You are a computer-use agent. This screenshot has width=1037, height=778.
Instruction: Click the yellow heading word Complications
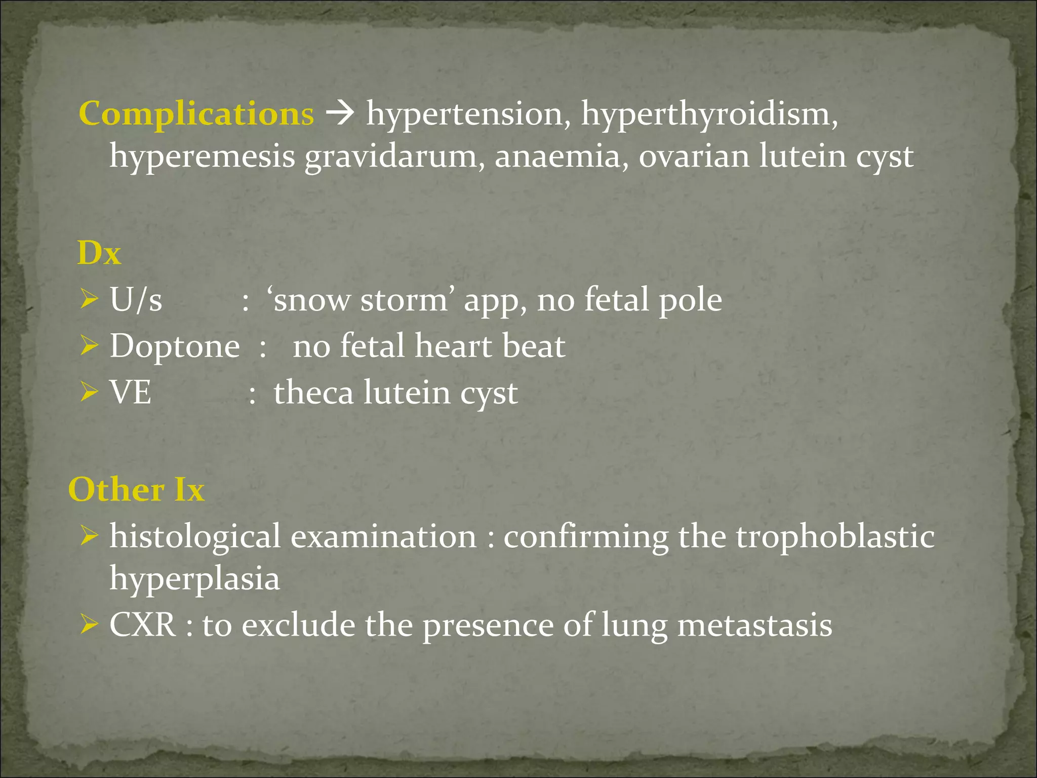point(196,113)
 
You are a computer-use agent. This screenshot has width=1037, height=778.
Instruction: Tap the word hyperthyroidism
point(709,113)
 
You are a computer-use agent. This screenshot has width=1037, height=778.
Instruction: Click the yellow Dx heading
point(99,253)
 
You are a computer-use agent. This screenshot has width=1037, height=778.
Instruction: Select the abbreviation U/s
point(136,299)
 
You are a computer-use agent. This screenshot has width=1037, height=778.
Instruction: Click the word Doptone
point(175,346)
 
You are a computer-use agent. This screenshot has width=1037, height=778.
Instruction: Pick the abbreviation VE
point(131,392)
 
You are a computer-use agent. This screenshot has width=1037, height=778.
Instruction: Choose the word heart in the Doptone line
point(453,346)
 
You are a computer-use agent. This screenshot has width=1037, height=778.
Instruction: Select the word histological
point(195,537)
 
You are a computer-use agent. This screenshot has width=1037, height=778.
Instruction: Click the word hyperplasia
point(195,578)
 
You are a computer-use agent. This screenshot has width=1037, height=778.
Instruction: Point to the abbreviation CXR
point(143,625)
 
